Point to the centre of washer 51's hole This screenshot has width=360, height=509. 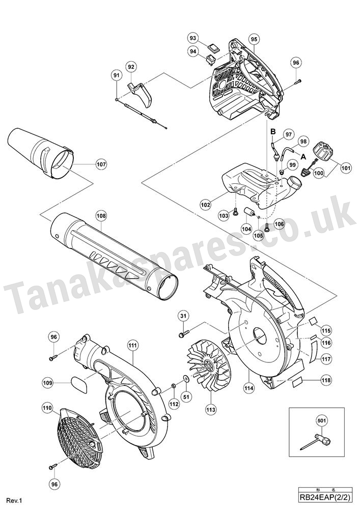[x=186, y=379]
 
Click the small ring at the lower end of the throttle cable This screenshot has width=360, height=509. [x=166, y=128]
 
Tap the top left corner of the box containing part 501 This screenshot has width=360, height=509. [x=289, y=407]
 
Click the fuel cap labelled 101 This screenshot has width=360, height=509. [x=322, y=152]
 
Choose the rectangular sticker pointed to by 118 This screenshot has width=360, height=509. [x=298, y=383]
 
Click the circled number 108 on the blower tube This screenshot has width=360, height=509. [x=101, y=215]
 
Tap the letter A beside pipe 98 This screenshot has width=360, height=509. [x=303, y=156]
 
